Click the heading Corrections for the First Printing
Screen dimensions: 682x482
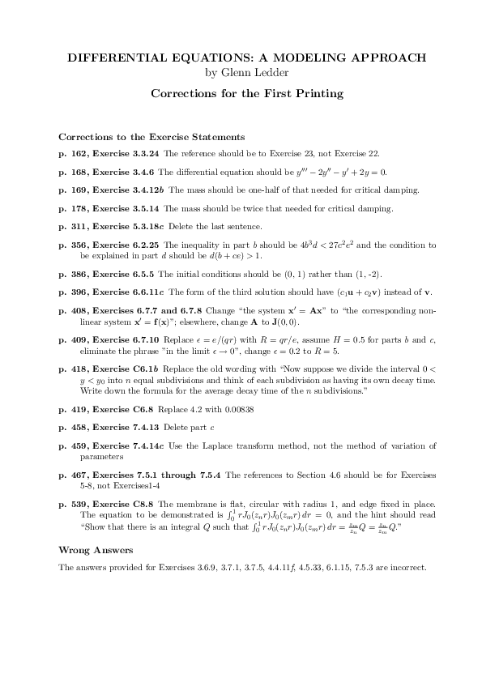[x=247, y=94]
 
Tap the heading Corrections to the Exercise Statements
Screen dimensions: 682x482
[x=151, y=137]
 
